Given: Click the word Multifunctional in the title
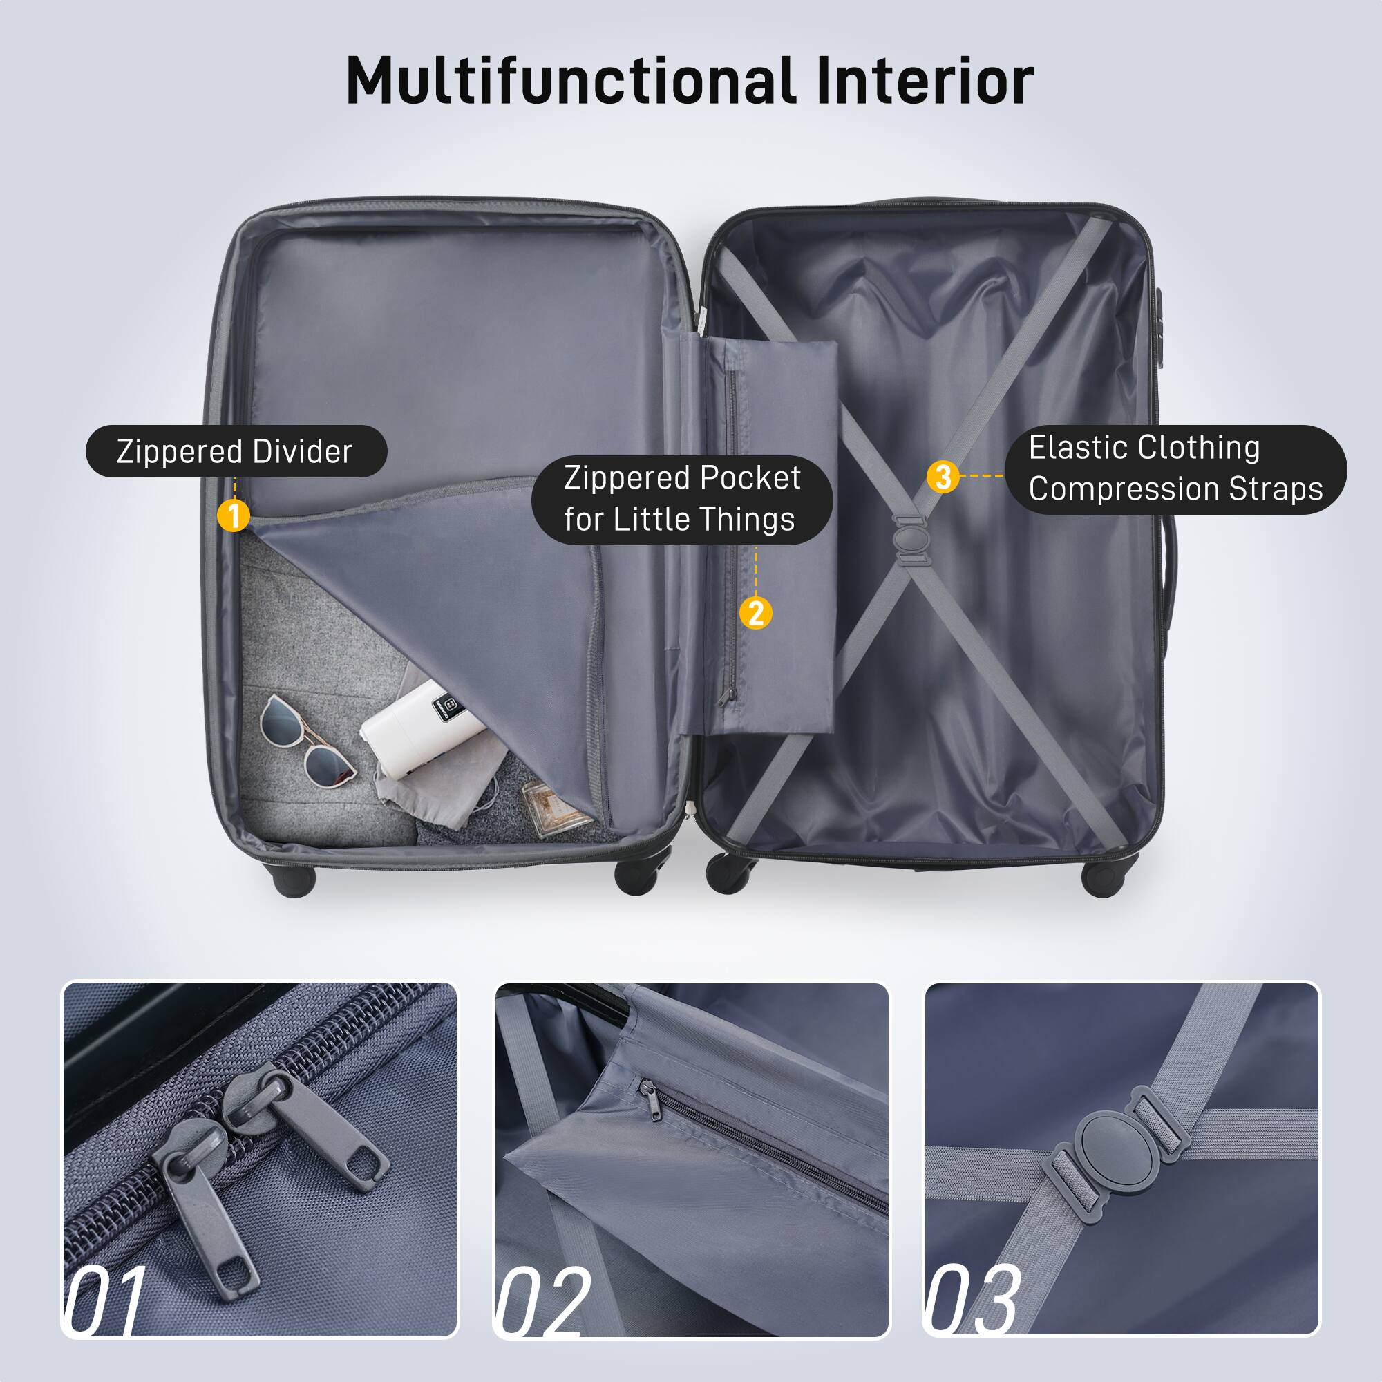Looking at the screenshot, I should pos(570,80).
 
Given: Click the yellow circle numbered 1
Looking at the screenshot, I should pos(233,515).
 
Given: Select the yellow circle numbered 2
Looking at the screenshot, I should pos(755,613).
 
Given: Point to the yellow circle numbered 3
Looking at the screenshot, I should pos(943,476).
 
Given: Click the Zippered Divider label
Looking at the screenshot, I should pos(236,451).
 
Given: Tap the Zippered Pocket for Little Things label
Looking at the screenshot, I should pos(682,499).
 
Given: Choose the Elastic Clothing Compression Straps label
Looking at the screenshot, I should pos(1175,469).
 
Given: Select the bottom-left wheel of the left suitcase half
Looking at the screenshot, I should pos(293,878).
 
